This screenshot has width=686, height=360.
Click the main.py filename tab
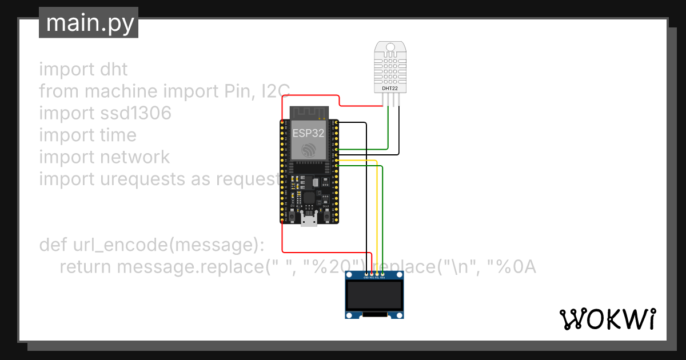click(89, 23)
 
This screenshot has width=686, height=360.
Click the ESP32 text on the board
click(309, 134)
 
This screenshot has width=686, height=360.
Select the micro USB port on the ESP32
click(309, 219)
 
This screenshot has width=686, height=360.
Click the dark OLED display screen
click(374, 295)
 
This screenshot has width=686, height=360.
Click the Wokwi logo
click(607, 319)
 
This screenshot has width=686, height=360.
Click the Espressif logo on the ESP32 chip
click(309, 150)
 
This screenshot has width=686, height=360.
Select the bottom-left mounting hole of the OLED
click(349, 314)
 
